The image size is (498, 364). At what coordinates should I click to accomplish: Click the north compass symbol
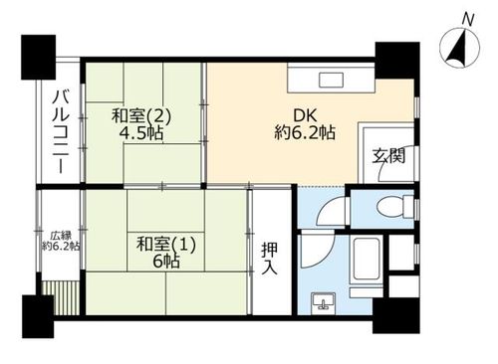(460, 48)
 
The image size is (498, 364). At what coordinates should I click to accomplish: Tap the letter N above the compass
(468, 20)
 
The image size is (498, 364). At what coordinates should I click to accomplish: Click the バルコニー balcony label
(61, 132)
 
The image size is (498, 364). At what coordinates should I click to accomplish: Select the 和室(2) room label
(141, 116)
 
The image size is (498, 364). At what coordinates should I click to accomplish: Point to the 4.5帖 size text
(141, 133)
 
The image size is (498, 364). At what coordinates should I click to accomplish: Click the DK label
(305, 115)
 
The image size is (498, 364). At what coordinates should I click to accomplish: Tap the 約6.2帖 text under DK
(305, 133)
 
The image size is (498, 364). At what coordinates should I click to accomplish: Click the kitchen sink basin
(331, 80)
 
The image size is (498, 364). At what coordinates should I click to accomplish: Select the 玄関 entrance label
(388, 155)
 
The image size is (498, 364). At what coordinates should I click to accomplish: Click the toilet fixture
(395, 207)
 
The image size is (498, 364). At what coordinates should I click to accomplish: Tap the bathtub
(367, 259)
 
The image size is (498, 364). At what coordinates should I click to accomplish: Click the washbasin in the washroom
(323, 301)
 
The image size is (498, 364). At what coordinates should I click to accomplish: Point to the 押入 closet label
(269, 259)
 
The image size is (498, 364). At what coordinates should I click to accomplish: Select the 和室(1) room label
(166, 245)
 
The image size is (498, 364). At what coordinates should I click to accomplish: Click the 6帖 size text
(166, 262)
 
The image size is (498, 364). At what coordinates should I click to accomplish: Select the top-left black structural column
(38, 58)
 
